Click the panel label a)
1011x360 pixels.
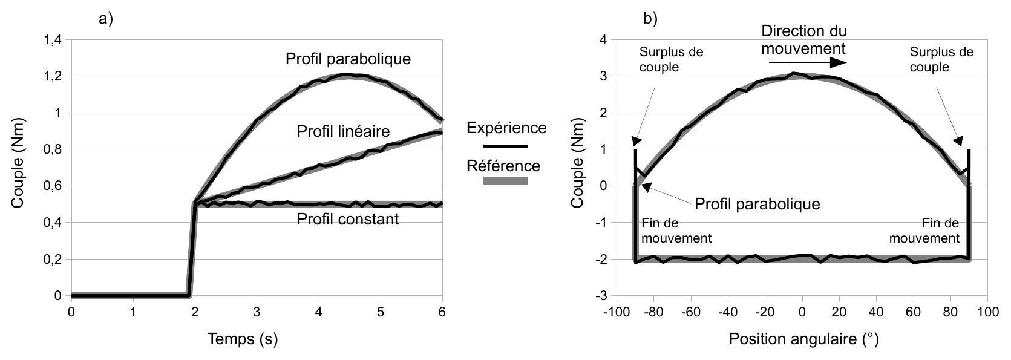click(106, 19)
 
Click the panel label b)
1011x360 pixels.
click(650, 19)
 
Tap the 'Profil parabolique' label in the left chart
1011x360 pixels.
click(348, 59)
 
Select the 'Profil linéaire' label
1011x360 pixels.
click(343, 131)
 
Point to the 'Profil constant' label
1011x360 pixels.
click(347, 219)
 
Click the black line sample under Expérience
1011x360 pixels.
click(505, 146)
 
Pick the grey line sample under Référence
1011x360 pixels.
click(505, 180)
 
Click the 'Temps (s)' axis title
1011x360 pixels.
click(243, 339)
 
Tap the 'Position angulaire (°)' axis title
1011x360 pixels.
click(803, 339)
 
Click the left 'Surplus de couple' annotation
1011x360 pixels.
click(671, 59)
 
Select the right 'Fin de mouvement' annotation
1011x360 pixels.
click(924, 231)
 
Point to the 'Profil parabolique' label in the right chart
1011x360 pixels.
click(757, 204)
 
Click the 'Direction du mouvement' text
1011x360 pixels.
click(803, 39)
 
